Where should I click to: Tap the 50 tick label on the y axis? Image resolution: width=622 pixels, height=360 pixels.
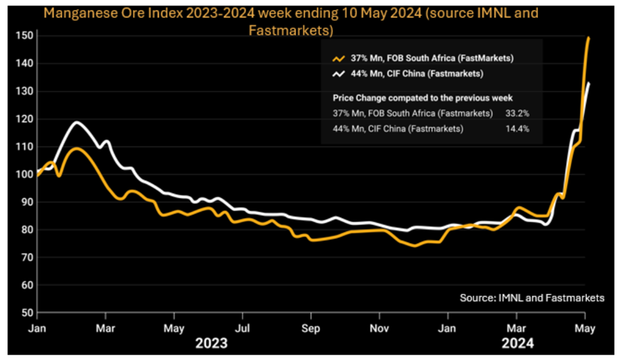pos(25,312)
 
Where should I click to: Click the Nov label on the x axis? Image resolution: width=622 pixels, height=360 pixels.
pos(380,328)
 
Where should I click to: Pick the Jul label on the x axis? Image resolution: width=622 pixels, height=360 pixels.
pos(243,328)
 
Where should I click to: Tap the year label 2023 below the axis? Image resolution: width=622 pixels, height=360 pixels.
pos(210,343)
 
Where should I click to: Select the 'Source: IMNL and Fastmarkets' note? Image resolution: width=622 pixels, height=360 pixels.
pos(532,298)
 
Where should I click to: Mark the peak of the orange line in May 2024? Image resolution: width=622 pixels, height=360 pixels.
pos(589,38)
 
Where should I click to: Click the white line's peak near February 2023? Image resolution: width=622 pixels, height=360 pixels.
pos(77,122)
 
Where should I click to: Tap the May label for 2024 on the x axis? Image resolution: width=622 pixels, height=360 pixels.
pos(584,328)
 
